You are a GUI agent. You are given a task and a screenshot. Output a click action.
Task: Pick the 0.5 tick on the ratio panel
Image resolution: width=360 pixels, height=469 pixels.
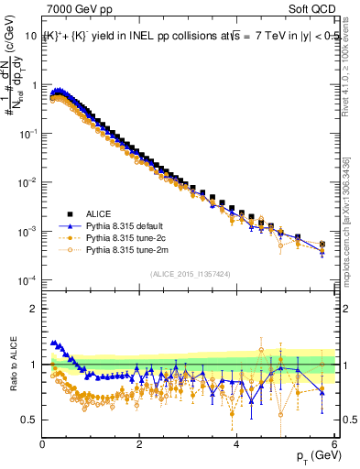(x=29, y=420)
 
